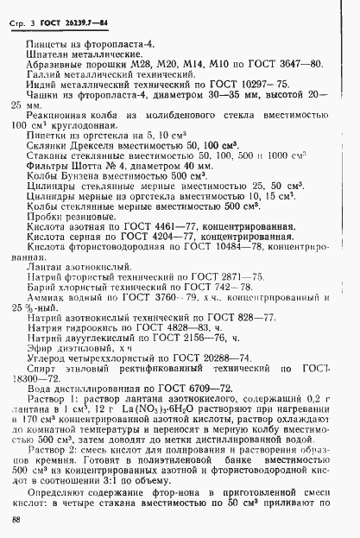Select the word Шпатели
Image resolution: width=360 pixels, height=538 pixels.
(x=48, y=54)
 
